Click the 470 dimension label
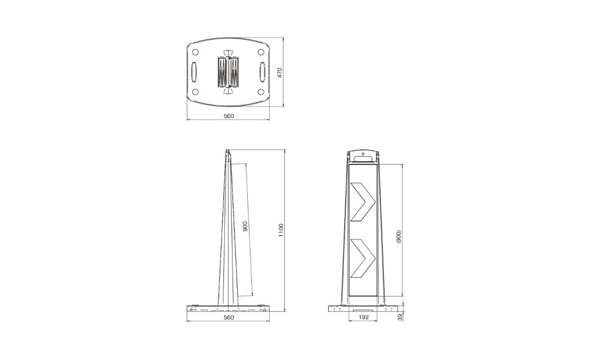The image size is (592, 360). pyautogui.click(x=280, y=73)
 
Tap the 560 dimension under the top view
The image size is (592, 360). pyautogui.click(x=229, y=116)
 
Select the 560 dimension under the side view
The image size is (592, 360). pyautogui.click(x=229, y=317)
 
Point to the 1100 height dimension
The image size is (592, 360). pyautogui.click(x=281, y=230)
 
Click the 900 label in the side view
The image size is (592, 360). pyautogui.click(x=245, y=227)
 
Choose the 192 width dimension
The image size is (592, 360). pyautogui.click(x=364, y=317)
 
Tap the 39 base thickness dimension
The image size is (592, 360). pyautogui.click(x=400, y=317)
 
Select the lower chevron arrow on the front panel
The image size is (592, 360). pyautogui.click(x=363, y=258)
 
